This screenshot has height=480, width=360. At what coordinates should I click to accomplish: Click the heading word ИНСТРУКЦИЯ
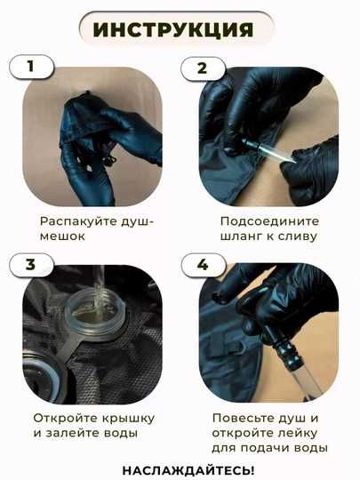click(173, 29)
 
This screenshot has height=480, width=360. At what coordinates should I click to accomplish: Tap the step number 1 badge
click(31, 67)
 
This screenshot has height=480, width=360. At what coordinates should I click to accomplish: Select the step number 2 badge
click(203, 68)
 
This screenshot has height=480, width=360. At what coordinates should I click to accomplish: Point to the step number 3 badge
click(31, 265)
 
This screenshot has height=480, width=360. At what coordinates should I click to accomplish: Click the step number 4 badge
click(203, 265)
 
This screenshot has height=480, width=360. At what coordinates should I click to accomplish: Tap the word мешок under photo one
click(62, 236)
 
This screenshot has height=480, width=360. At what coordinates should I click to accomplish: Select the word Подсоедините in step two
click(269, 221)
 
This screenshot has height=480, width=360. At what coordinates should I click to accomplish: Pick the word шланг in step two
click(240, 236)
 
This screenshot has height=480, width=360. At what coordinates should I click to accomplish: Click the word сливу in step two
click(298, 236)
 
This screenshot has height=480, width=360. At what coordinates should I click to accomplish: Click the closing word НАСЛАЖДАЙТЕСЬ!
click(188, 470)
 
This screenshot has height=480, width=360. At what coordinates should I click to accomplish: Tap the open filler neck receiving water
click(95, 316)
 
